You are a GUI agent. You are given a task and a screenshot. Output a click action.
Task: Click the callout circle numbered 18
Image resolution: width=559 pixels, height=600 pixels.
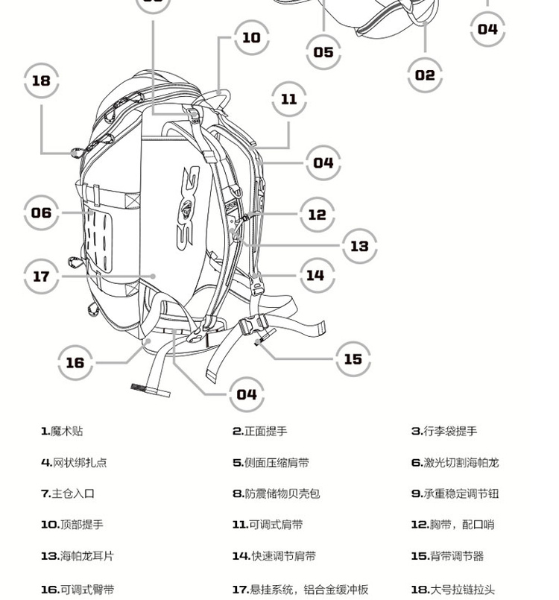(41, 80)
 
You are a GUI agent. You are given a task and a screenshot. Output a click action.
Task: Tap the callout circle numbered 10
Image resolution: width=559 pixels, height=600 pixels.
(252, 37)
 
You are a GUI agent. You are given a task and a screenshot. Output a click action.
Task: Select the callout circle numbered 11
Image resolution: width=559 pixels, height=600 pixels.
(289, 99)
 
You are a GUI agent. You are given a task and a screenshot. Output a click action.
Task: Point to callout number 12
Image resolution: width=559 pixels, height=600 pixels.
(318, 215)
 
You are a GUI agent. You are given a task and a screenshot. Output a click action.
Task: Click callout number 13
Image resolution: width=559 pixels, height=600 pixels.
(359, 245)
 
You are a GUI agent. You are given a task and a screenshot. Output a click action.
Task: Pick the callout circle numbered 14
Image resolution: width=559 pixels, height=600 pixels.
(316, 275)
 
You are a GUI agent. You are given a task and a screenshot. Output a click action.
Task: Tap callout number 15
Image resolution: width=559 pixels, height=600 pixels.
(353, 359)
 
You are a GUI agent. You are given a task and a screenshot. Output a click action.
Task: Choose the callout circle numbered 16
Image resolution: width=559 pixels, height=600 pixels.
(75, 362)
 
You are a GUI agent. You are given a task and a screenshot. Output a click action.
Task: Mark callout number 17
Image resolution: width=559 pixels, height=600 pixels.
(41, 277)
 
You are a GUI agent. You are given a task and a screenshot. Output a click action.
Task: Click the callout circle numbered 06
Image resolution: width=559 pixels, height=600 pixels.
(41, 213)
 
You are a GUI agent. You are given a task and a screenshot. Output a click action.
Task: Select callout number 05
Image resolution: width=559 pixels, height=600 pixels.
(323, 52)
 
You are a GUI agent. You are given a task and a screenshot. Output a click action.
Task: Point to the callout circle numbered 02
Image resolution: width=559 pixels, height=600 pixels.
(425, 75)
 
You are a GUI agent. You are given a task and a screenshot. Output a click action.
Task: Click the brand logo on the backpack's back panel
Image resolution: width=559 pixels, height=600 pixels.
(191, 201)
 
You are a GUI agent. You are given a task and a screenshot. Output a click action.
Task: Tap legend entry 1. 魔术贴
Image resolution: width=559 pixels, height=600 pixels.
(63, 432)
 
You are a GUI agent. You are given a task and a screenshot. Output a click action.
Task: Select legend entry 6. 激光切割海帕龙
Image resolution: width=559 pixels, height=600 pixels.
(455, 463)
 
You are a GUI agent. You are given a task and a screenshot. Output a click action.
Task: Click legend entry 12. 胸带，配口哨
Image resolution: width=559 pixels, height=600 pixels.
(452, 525)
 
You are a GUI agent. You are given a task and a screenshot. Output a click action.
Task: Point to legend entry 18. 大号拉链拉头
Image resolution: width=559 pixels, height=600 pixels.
(452, 590)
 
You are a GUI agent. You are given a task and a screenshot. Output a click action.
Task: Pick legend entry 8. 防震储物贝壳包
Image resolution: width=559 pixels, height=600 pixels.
(276, 493)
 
